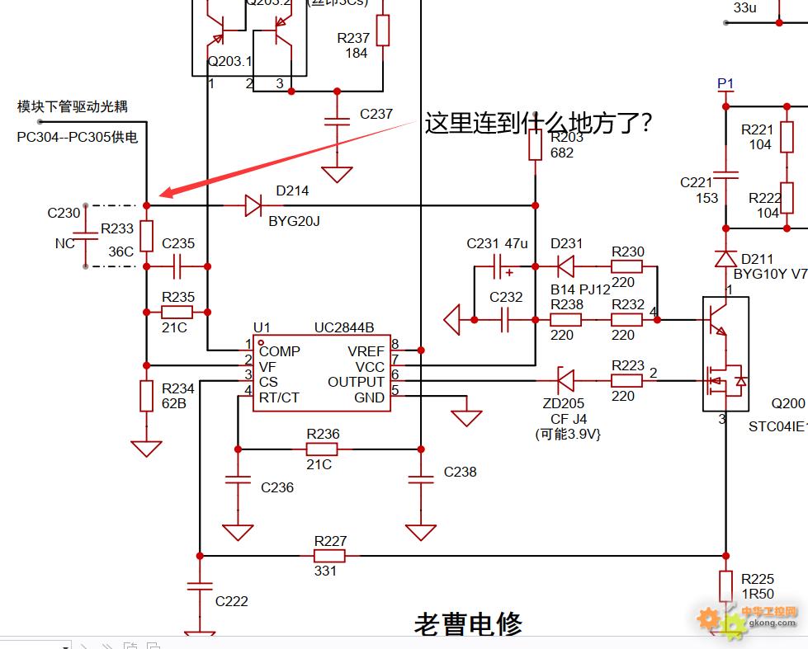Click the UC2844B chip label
point(343,327)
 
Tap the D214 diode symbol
point(253,205)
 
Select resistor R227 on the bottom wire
point(330,556)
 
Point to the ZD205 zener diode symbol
point(565,381)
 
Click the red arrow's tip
point(162,195)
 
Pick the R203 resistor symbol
point(535,146)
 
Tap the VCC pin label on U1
point(370,366)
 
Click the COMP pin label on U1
point(280,350)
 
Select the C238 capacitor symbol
point(421,478)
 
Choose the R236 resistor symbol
point(322,449)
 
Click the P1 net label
point(725,84)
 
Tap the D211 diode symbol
point(726,258)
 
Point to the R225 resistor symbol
point(726,586)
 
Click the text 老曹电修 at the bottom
point(467,624)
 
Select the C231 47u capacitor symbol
point(498,267)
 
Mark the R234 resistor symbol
point(146,396)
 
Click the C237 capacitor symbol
point(336,121)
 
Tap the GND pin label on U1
point(370,397)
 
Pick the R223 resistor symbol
point(626,381)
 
